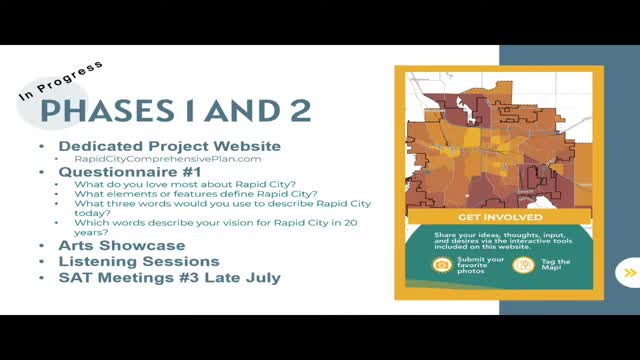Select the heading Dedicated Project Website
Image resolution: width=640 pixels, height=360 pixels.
coord(169,146)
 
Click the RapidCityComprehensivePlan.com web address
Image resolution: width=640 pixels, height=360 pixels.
coord(168,159)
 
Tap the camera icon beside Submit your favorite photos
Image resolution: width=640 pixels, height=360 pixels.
coord(441,265)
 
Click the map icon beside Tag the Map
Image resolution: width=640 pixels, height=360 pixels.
coord(521,265)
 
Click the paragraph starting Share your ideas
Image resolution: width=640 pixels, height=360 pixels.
coord(499,240)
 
